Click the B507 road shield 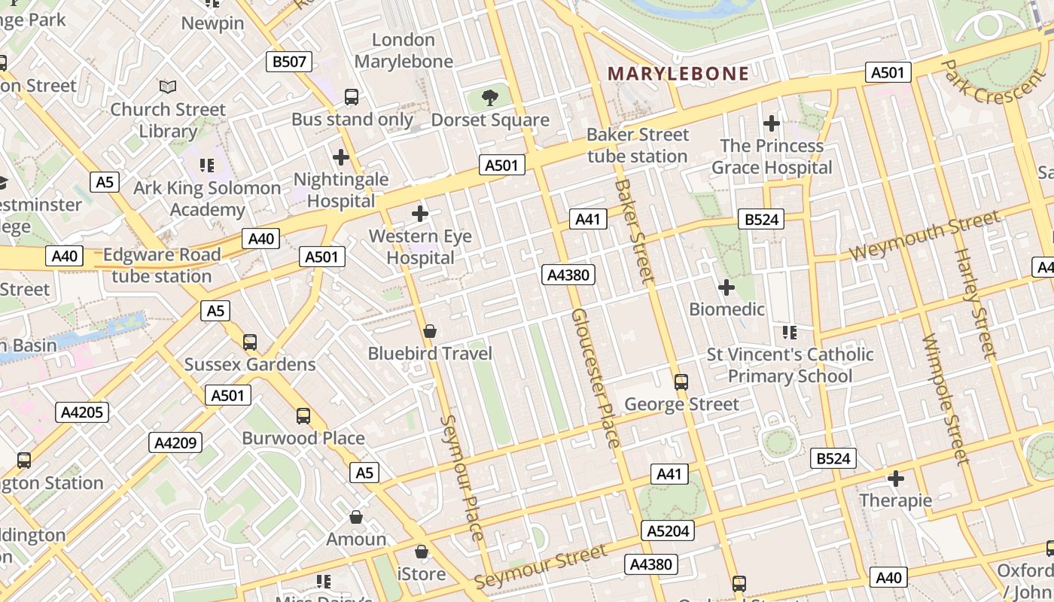(290, 62)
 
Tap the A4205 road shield (82, 412)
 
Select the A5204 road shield (668, 531)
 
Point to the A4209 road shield (175, 442)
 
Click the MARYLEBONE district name (678, 74)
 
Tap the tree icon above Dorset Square (490, 97)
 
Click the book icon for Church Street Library (168, 87)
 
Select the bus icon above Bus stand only (352, 97)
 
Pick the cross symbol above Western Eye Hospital (420, 214)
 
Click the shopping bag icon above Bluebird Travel (430, 331)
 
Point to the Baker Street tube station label (638, 145)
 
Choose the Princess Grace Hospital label (772, 157)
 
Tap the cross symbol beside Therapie (896, 479)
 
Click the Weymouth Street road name (925, 236)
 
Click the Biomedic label (727, 309)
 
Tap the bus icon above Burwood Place (303, 415)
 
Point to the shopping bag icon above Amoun (356, 517)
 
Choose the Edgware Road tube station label (162, 266)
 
